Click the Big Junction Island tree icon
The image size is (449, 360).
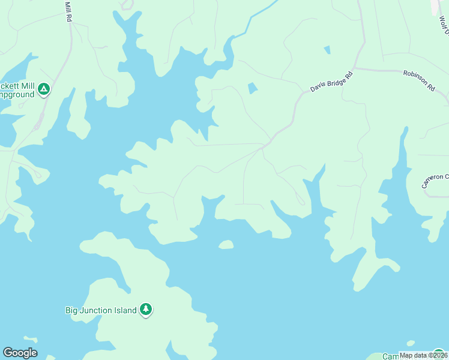[x=146, y=310]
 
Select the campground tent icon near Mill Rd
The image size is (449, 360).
[x=43, y=90]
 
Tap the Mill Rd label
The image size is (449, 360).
[x=68, y=11]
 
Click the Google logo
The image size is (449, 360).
[x=20, y=353]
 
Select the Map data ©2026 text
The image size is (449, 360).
[x=423, y=355]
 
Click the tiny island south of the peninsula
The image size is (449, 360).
[x=226, y=244]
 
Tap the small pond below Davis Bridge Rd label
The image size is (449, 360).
[x=253, y=88]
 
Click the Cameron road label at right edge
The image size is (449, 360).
[x=435, y=181]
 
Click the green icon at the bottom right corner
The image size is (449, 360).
[x=438, y=353]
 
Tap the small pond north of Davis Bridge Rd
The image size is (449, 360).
[x=327, y=50]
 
